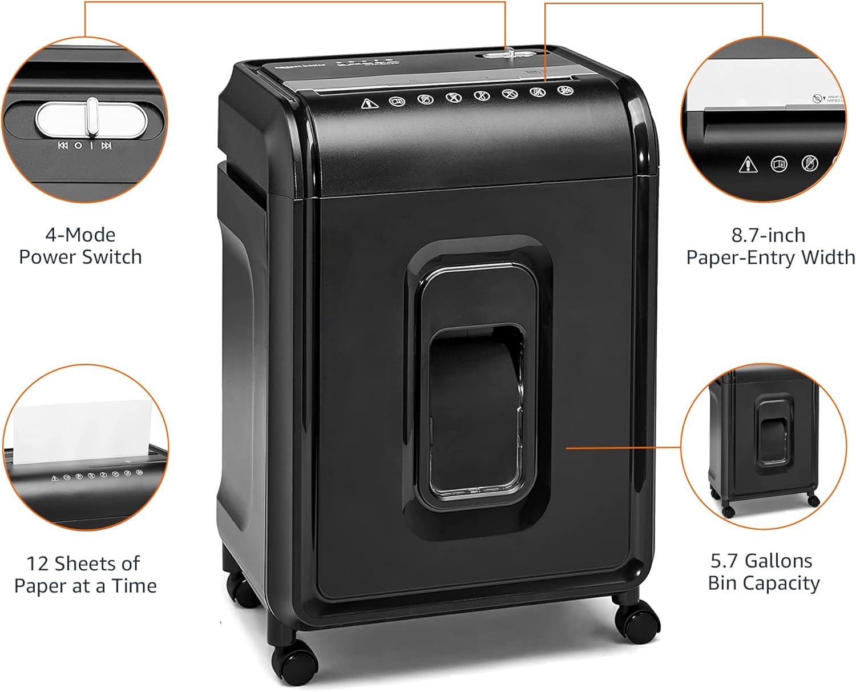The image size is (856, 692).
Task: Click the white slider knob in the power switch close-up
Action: [92, 117]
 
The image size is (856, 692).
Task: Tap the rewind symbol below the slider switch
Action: [62, 146]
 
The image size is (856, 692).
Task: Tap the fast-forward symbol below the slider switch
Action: [106, 146]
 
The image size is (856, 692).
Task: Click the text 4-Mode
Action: [80, 235]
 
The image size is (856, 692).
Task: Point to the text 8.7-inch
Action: [768, 235]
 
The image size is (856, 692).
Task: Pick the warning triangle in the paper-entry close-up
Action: [748, 165]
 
